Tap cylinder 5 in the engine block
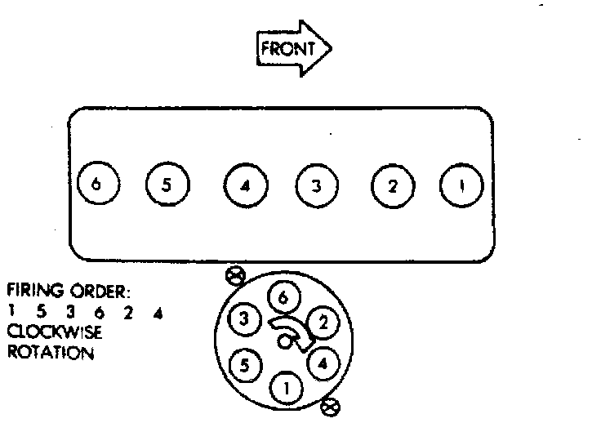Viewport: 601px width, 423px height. tap(166, 185)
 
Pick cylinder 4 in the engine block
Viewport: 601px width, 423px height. tap(245, 185)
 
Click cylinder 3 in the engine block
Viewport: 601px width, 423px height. tap(315, 185)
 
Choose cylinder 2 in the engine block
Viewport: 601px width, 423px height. tap(391, 185)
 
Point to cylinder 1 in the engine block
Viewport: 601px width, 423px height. tap(460, 185)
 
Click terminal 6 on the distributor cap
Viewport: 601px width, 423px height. tap(282, 299)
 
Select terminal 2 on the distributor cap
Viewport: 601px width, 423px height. tap(323, 323)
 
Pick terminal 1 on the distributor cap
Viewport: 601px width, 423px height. tap(285, 387)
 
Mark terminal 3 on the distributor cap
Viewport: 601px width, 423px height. tap(243, 318)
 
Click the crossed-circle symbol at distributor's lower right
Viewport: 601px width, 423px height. tap(331, 405)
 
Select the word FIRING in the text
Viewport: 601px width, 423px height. tap(30, 292)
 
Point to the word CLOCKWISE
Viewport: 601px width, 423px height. tap(45, 332)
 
